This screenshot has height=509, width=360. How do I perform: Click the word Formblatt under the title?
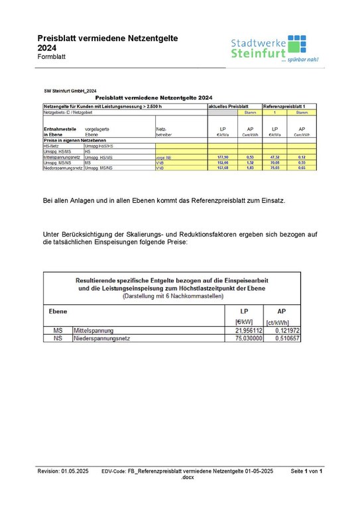(x=53, y=59)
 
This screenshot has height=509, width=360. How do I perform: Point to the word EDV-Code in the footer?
(x=114, y=471)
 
